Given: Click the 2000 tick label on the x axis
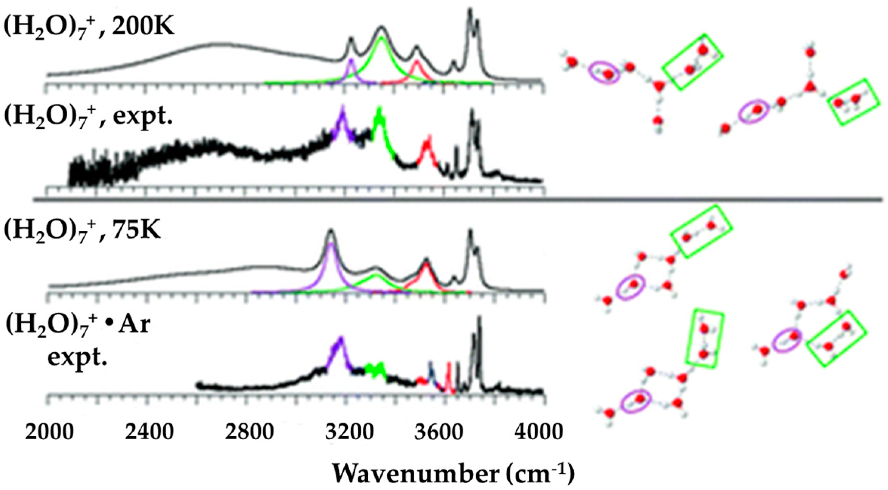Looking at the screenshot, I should point(49,431).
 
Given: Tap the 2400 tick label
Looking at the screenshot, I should point(150,431).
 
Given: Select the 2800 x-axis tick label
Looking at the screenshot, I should point(249,431).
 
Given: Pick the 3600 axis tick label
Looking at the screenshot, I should point(439,431).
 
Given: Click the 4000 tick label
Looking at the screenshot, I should point(539,431).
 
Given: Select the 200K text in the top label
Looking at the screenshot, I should point(143,27).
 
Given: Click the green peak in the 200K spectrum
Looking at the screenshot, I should point(381,45).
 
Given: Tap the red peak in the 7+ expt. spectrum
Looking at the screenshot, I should point(427,146).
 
